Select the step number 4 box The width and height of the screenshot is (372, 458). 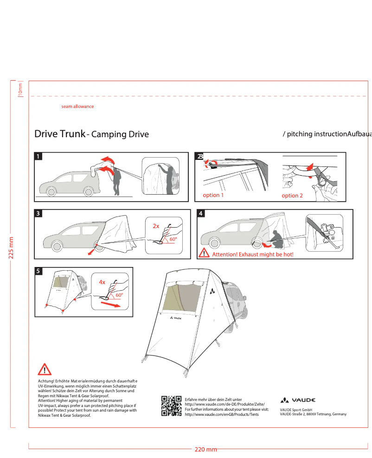[201, 214]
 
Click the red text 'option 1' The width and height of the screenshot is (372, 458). [213, 195]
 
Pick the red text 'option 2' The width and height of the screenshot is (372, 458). [292, 196]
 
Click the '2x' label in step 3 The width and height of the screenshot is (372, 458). [156, 226]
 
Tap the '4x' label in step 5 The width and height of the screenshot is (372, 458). [102, 282]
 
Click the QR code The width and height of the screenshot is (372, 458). [171, 406]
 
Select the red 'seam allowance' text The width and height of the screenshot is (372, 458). [77, 107]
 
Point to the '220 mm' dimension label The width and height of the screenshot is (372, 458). [205, 450]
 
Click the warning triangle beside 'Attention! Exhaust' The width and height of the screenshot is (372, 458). [204, 253]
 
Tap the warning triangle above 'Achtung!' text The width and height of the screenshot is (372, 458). [45, 369]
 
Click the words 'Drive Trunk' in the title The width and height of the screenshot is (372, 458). [59, 134]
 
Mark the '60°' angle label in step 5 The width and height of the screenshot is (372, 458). [119, 295]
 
